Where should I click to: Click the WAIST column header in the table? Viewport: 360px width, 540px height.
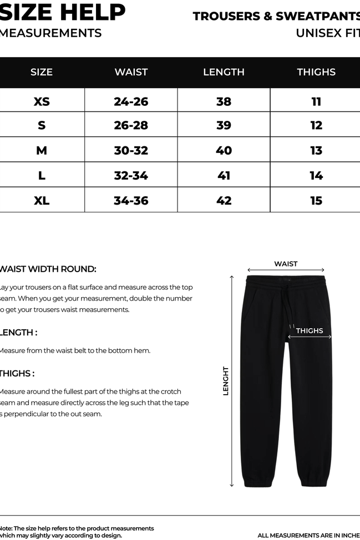131,72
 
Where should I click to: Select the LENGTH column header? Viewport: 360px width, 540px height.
224,72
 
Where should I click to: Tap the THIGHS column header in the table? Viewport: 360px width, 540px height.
316,72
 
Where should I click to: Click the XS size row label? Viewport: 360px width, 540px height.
42,101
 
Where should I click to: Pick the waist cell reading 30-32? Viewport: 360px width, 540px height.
131,150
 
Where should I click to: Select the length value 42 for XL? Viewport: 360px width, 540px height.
224,200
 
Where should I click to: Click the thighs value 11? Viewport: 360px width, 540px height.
316,101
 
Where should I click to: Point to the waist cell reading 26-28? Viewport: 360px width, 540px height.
131,125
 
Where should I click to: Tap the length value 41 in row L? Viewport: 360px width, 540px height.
224,175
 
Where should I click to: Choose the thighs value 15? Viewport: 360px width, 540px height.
316,200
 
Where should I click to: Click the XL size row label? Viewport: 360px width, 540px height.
42,200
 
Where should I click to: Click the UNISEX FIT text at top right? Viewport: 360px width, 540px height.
327,33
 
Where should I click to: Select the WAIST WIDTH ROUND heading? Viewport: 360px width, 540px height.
48,269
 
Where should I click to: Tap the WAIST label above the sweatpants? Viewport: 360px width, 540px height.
286,264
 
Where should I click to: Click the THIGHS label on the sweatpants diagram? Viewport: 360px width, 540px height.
309,331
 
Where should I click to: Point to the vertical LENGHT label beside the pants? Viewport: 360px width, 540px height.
226,380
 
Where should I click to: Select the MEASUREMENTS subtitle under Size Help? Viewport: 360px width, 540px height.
50,33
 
